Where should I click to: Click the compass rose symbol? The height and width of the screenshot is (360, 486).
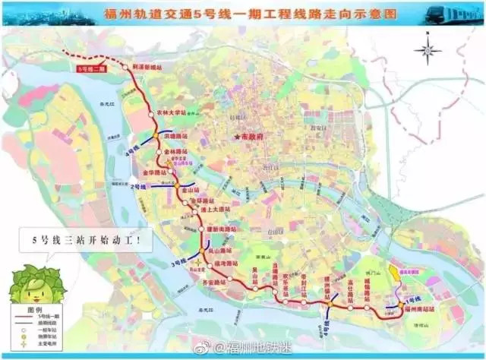click(428, 52)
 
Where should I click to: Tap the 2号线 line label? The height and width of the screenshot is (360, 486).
click(138, 186)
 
